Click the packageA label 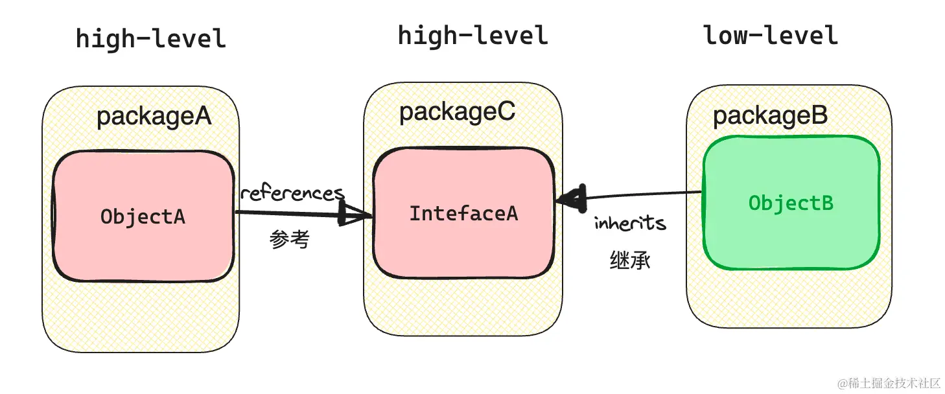coord(154,117)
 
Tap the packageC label coord(457,111)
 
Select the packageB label coord(770,116)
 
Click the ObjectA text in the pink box coord(143,216)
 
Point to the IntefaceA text coord(463,213)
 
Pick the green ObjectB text coord(791,203)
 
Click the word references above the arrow coord(292,193)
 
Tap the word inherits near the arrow coord(630,224)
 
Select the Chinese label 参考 coord(290,240)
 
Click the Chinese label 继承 coord(630,261)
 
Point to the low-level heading coord(771,35)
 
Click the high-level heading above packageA coord(150,38)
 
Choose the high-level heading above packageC coord(472,35)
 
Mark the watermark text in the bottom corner coord(888,383)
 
